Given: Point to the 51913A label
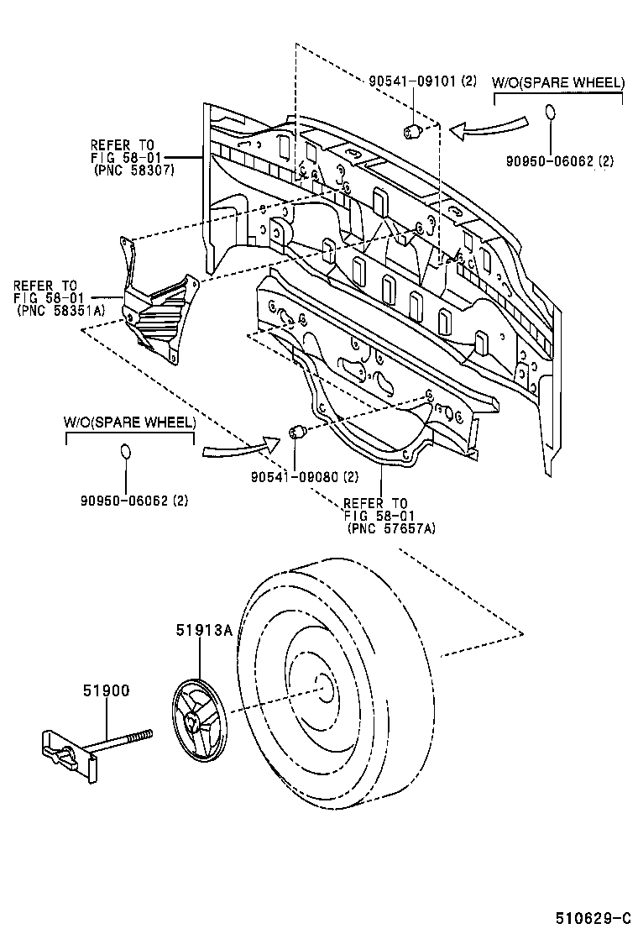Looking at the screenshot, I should pos(203,630).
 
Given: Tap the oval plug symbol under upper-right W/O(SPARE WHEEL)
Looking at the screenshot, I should pos(550,113).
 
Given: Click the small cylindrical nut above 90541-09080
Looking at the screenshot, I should pos(295,433).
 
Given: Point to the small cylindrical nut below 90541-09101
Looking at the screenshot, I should pos(412,130).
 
